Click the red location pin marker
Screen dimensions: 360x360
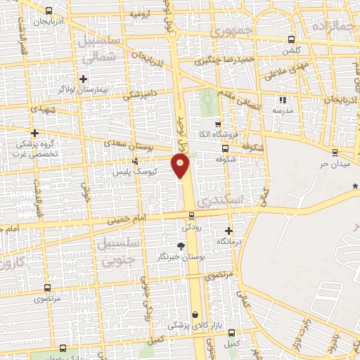click(x=181, y=166)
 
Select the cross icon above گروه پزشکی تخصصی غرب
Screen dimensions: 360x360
click(x=34, y=132)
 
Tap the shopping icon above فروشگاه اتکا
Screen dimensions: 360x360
click(x=217, y=124)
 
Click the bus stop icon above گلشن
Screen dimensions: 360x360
click(x=291, y=39)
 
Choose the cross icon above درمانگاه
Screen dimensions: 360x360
click(x=229, y=230)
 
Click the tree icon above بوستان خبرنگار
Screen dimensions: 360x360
click(x=181, y=245)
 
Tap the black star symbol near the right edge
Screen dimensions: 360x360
click(x=356, y=186)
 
